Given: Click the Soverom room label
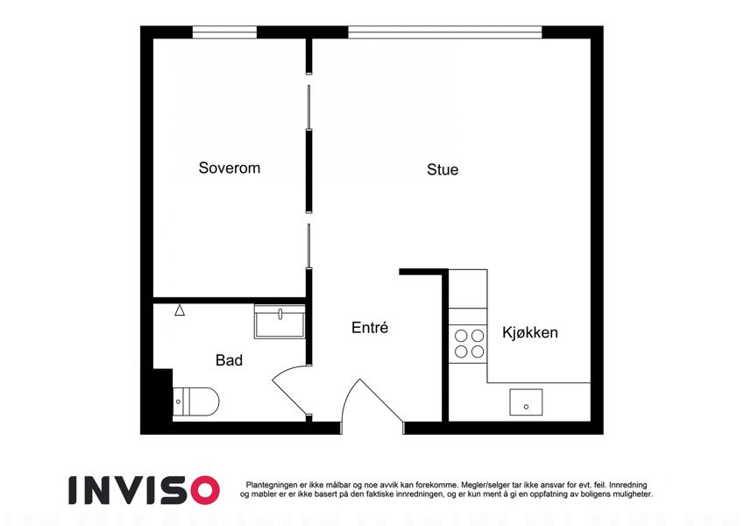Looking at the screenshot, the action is (230, 167).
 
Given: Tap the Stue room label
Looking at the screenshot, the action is (443, 169).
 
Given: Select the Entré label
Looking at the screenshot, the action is (370, 327).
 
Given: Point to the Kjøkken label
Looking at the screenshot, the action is (530, 332).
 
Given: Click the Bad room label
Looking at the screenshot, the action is (230, 360).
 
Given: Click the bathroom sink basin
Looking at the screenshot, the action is (280, 322).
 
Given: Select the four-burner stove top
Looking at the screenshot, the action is (468, 344).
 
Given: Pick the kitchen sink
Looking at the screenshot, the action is (526, 402).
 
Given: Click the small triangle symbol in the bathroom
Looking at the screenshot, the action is (180, 310).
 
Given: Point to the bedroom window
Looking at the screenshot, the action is (224, 32).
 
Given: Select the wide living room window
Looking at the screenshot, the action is (445, 32).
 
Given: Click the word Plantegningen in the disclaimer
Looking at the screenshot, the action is (272, 485).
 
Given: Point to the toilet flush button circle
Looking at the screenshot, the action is (179, 402).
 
